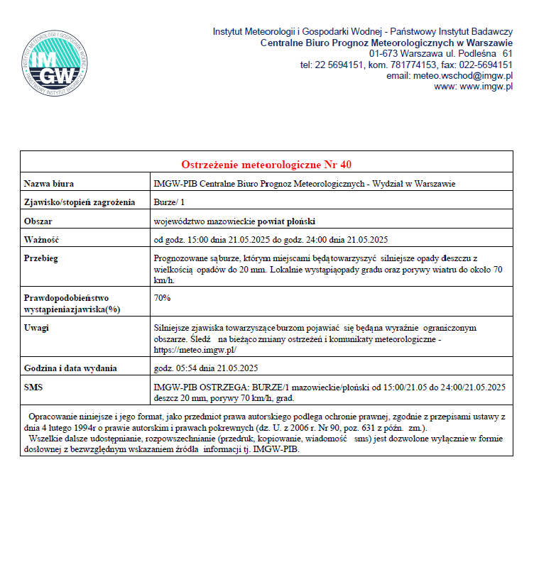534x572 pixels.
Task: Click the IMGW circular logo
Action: pos(55,63)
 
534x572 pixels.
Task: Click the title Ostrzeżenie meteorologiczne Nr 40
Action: pos(266,165)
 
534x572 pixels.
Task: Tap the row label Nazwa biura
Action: pos(49,184)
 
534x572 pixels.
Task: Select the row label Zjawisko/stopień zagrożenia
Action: pos(79,202)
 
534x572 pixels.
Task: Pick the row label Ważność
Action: pos(41,239)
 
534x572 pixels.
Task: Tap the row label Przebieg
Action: pos(41,258)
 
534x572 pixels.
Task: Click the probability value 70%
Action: pos(163,297)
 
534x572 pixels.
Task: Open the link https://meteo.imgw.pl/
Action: pos(195,350)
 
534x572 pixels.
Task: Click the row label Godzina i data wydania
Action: pos(70,368)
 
